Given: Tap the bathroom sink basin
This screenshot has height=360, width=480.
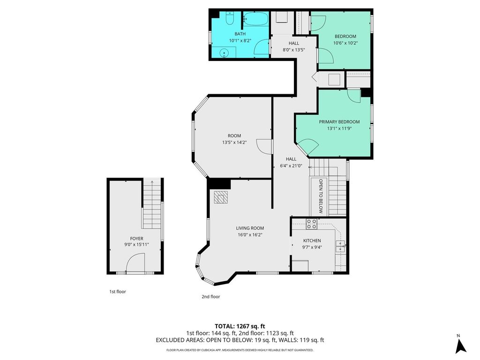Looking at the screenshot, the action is [x=225, y=52].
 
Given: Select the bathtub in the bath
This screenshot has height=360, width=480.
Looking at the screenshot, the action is [x=256, y=19].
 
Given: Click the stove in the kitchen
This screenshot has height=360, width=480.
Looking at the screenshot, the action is [x=312, y=224].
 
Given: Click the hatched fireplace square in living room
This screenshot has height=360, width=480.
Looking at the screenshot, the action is [x=221, y=197].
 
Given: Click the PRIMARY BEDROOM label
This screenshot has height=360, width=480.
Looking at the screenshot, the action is [x=339, y=121].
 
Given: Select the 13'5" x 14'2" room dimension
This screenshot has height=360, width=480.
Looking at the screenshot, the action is [x=234, y=142].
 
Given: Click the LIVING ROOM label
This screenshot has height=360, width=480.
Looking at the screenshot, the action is [x=250, y=228].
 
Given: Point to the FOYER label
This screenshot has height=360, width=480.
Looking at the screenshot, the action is [x=136, y=239].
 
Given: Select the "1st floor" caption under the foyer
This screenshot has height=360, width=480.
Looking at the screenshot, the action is [x=118, y=292].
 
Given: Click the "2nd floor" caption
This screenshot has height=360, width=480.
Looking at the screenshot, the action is [x=210, y=297].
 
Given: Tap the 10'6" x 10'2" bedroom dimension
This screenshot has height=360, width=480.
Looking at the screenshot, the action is [x=345, y=43].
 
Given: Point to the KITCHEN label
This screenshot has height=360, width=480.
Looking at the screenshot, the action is [x=312, y=240].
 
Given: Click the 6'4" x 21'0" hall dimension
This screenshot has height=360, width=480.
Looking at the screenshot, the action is [x=291, y=166].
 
